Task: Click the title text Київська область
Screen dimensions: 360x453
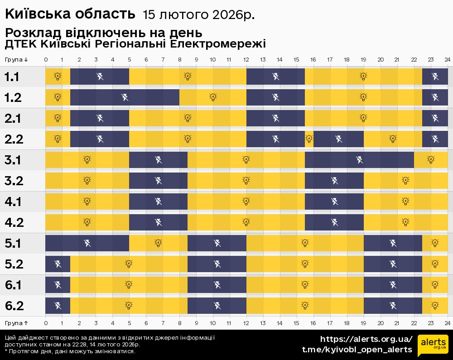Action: (70, 14)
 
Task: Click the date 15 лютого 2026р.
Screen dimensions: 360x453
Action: (198, 15)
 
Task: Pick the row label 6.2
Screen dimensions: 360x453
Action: (14, 306)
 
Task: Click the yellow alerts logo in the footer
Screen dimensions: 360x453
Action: (433, 345)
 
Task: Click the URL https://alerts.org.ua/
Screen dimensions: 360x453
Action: (366, 339)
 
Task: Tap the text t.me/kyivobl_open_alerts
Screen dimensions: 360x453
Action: (357, 350)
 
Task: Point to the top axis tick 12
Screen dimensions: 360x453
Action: (246, 60)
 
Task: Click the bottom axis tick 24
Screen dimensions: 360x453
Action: (447, 323)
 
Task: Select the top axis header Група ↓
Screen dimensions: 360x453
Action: (17, 60)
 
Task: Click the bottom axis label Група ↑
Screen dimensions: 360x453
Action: (17, 323)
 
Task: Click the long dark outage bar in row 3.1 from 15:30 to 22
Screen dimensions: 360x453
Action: (359, 159)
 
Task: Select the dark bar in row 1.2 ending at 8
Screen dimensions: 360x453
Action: (125, 97)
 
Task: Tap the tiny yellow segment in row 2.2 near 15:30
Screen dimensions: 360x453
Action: (309, 139)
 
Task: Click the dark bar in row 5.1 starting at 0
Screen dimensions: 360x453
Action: (87, 243)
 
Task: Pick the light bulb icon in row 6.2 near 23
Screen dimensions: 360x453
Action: (435, 305)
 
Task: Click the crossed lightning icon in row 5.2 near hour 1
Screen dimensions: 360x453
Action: (58, 264)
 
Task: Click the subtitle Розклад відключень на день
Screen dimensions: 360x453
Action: (103, 34)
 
